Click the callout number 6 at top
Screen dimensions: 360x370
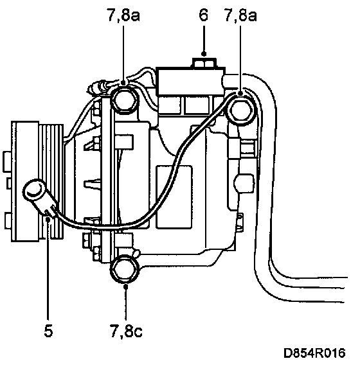coord(203,15)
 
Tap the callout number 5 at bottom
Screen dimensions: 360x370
coord(48,330)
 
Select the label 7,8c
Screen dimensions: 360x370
coord(126,331)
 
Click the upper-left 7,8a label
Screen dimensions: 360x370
coord(123,15)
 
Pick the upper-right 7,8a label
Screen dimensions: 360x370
coord(240,15)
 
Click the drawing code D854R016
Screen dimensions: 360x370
coord(314,353)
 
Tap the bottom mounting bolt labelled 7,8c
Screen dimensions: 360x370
coord(125,270)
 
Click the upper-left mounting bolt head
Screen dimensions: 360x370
coord(125,100)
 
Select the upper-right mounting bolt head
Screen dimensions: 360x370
coord(240,110)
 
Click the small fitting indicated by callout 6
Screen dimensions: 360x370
coord(204,63)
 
